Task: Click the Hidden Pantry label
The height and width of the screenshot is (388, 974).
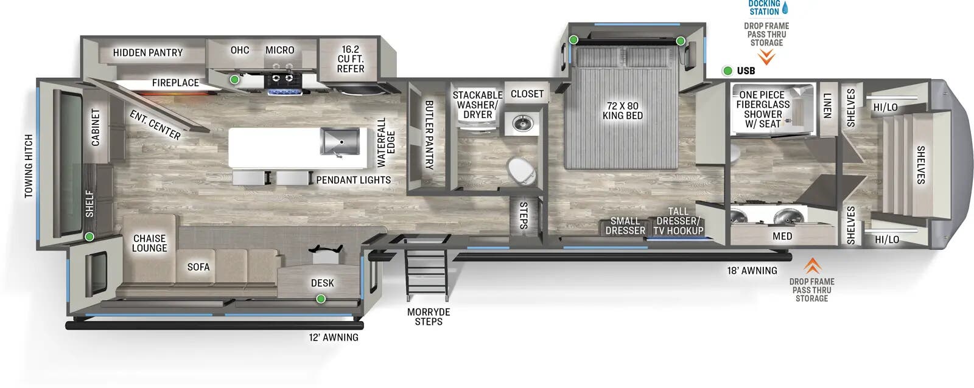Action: point(147,53)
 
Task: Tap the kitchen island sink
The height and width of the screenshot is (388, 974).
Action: point(340,142)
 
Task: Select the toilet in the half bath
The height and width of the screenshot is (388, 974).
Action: point(522,171)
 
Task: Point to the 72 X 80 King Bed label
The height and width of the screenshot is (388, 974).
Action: point(622,111)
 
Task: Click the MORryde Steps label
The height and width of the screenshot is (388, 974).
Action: point(429,316)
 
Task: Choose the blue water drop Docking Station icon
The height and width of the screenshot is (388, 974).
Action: point(785,8)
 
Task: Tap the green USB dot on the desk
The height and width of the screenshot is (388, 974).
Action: point(320,299)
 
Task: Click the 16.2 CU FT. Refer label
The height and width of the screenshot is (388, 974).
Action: point(351,59)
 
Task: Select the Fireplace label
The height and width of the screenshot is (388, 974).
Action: point(175,83)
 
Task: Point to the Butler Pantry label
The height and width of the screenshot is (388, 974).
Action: point(429,134)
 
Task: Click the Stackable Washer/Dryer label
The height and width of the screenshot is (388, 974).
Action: point(477,105)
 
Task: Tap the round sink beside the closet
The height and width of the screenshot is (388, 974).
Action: point(522,123)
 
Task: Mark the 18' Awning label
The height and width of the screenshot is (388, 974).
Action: point(752,271)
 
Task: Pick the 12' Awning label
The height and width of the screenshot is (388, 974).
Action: point(333,338)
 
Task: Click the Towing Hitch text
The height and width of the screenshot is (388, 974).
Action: point(29,166)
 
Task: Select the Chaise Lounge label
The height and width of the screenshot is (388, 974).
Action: point(149,243)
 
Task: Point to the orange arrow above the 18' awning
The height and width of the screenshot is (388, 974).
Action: point(812,266)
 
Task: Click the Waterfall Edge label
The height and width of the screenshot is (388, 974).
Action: point(386,142)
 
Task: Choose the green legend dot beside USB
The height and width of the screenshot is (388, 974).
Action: point(727,71)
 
